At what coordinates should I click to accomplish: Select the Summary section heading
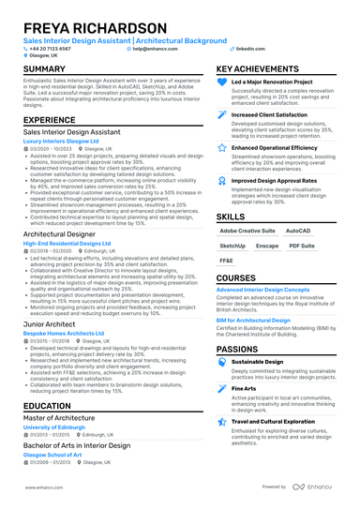point(44,69)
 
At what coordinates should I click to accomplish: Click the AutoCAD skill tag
point(298,230)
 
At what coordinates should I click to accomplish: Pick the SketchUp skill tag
point(233,245)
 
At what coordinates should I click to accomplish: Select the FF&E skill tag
point(227,260)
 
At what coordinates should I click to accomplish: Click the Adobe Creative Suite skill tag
point(247,230)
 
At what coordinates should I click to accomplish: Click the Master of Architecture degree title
point(63,417)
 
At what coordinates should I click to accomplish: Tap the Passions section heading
point(238,348)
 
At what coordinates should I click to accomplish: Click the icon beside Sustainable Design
point(223,363)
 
